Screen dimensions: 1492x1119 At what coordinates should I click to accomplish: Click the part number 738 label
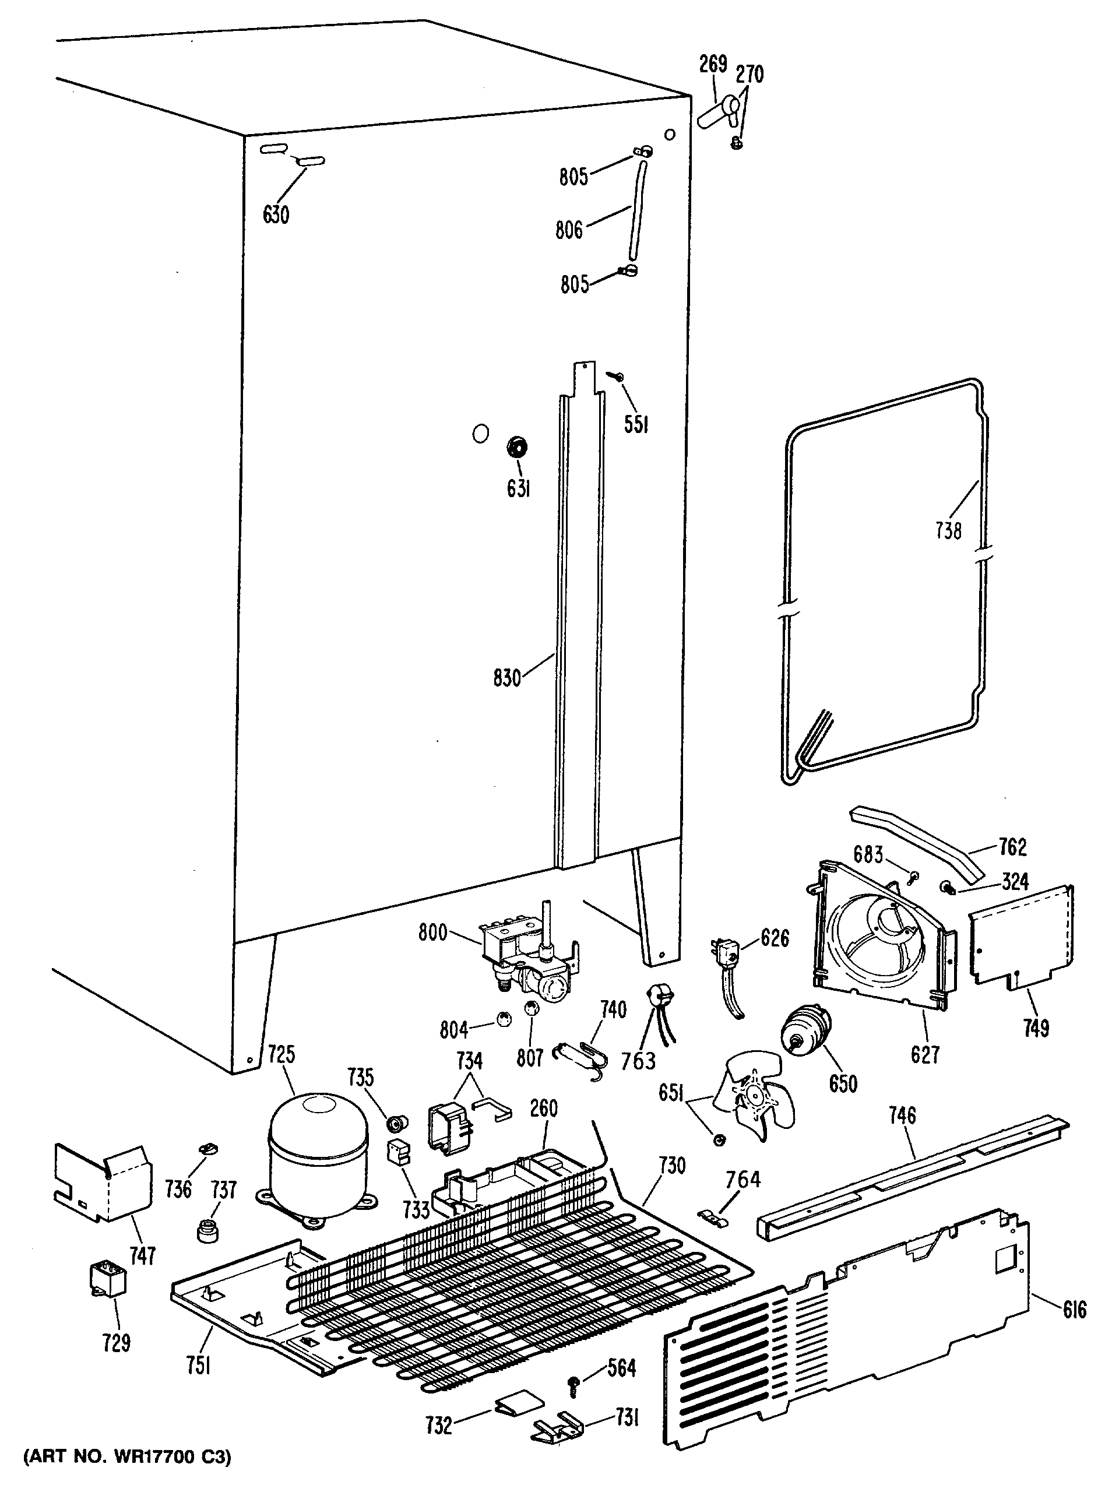pos(948,531)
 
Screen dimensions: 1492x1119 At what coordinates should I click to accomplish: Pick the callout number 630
pos(276,214)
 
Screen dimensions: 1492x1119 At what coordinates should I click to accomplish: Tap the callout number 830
pos(507,677)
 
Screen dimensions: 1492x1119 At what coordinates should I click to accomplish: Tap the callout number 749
pos(1035,1028)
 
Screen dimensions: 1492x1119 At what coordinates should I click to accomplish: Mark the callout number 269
pos(713,64)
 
